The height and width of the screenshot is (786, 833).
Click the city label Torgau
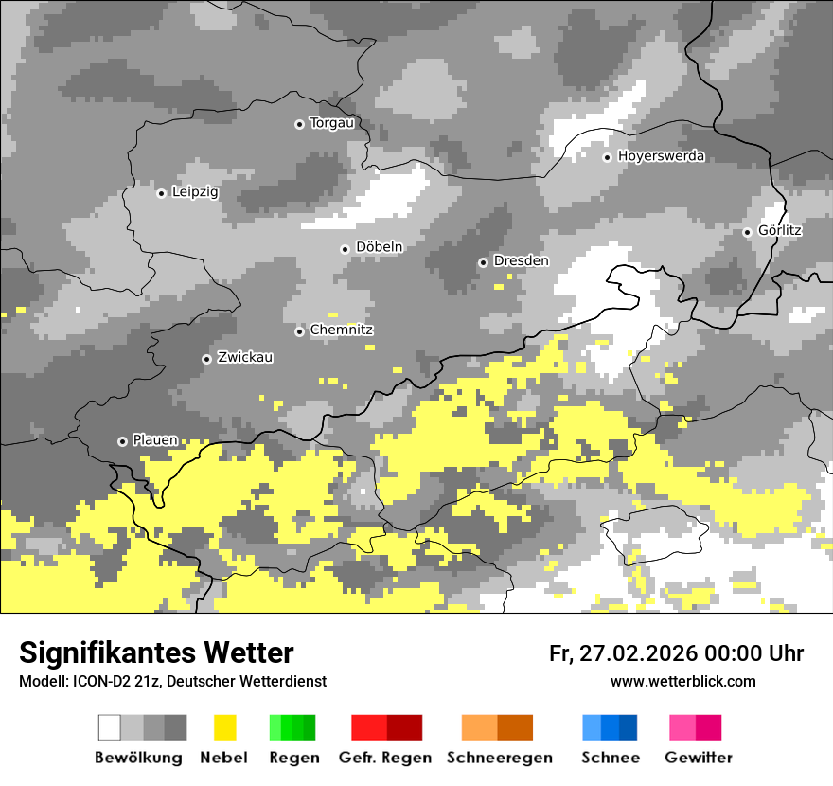point(332,123)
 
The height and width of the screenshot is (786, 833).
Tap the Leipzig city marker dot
point(161,193)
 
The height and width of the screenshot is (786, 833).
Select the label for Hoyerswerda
point(661,156)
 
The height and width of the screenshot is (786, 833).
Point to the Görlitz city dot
point(747,232)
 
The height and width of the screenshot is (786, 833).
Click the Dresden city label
point(521,260)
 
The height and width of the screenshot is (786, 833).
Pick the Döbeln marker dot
point(345,249)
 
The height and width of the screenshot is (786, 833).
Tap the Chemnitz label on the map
point(342,330)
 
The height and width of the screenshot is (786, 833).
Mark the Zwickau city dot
point(206,359)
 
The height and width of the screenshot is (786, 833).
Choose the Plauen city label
point(154,440)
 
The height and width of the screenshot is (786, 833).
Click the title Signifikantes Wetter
point(156,652)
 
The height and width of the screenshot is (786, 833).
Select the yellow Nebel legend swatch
point(224,727)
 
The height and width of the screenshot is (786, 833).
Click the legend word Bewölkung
point(138,758)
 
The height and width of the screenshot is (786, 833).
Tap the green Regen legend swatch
point(292,727)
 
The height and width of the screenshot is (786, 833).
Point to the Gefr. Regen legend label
point(385,758)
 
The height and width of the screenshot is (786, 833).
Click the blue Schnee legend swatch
point(610,727)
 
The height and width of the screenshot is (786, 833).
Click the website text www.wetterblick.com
point(683,681)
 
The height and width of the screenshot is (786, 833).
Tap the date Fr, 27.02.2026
point(621,653)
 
